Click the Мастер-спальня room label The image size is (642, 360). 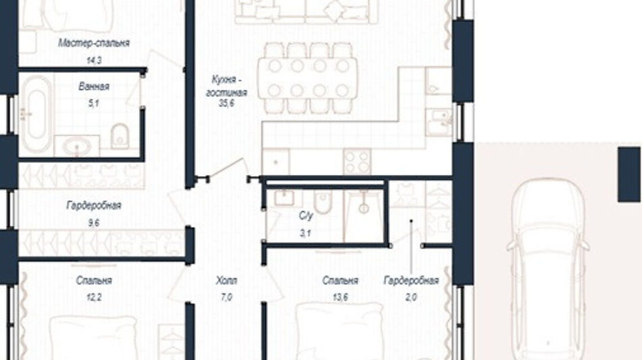pos(94,43)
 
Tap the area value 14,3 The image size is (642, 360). pos(94,60)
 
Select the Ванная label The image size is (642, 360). pos(94,86)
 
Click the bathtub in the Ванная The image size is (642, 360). pos(36,114)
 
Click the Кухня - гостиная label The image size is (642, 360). pos(226,86)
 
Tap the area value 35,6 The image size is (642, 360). pos(226,103)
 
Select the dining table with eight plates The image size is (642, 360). pos(307,78)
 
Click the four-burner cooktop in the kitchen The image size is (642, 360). pos(357,161)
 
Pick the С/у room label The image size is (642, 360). pos(305,216)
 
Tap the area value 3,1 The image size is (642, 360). pos(305,234)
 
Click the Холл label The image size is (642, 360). pos(226,280)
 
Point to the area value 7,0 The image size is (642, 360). pos(226,298)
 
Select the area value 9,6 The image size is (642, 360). pos(94,223)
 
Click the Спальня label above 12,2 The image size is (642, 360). pos(94,280)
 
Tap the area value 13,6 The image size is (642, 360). pos(340,298)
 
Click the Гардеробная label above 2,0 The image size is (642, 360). pos(411,280)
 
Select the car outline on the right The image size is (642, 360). pos(548,270)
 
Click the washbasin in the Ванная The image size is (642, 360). pos(77,147)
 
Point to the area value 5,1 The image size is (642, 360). pos(94,103)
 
